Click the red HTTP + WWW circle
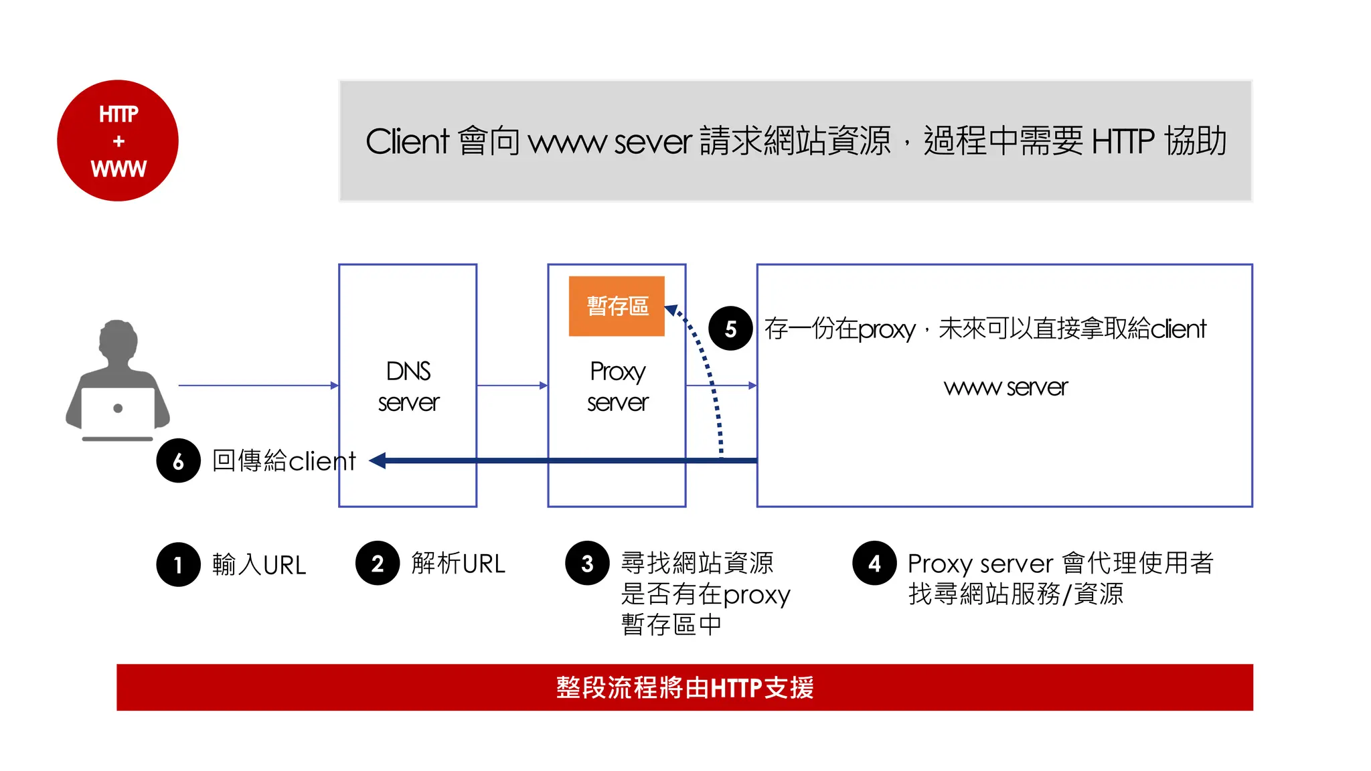tap(118, 141)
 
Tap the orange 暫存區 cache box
tap(617, 306)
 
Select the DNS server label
tap(408, 387)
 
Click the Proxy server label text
tap(617, 387)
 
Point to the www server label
tap(1005, 387)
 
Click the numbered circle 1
tap(178, 565)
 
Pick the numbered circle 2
tap(378, 564)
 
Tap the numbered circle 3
tap(587, 564)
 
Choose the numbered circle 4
tap(874, 564)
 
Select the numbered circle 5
tap(730, 329)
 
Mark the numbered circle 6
tap(178, 461)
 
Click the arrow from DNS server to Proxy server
tap(512, 385)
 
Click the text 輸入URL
tap(259, 565)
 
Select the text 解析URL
tap(458, 564)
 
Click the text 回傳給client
tap(284, 461)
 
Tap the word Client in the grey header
tap(407, 141)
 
